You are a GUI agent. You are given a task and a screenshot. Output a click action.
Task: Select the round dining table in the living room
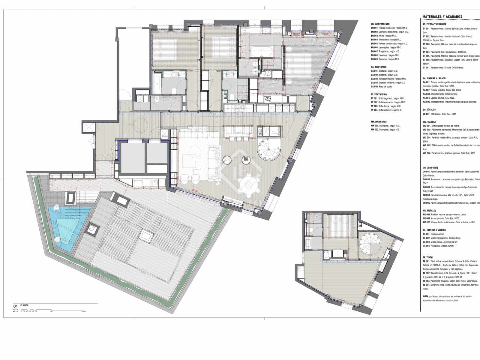(249, 186)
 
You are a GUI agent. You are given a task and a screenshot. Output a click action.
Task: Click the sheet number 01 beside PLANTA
(15, 306)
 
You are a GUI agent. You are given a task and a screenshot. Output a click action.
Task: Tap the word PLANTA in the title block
(24, 305)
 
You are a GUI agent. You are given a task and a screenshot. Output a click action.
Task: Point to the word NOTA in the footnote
(425, 296)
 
